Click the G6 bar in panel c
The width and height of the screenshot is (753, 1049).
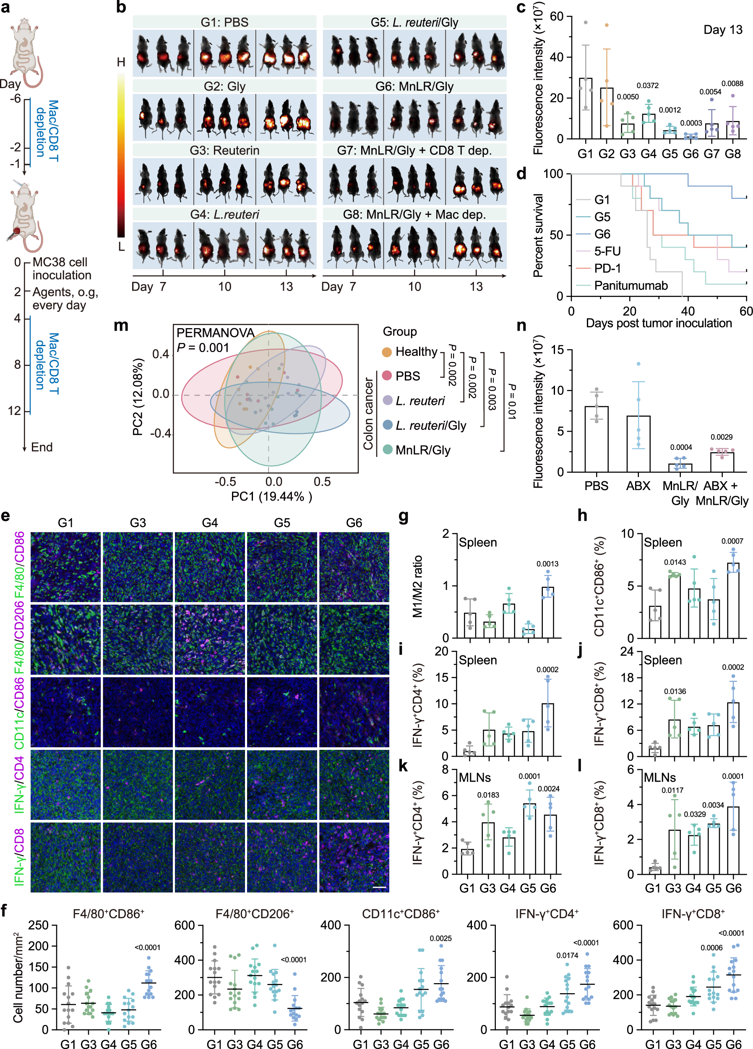coord(690,136)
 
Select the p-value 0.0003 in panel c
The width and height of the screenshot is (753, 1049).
coord(691,123)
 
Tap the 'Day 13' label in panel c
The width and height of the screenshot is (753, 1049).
coord(722,30)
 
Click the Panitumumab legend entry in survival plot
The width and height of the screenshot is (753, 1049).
coord(631,286)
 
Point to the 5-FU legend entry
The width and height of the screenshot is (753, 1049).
coord(607,251)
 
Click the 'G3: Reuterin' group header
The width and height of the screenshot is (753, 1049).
coord(224,150)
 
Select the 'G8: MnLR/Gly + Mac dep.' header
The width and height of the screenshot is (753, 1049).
coord(414,214)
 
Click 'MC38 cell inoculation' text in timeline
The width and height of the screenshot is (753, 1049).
coord(62,269)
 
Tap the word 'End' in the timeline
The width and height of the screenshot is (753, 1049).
coord(42,447)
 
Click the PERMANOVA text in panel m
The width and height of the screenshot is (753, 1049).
coord(216,333)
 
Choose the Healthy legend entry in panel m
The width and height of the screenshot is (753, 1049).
coord(416,352)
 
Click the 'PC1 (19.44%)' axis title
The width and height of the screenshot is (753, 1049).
coord(271,496)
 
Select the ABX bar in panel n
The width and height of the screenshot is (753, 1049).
coord(638,444)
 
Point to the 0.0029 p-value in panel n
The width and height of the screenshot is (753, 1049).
coord(721,437)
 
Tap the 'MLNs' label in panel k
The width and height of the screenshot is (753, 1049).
coord(474,778)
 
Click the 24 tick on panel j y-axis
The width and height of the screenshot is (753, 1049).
coord(627,652)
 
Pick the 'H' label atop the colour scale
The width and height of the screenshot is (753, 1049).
coord(121,62)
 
